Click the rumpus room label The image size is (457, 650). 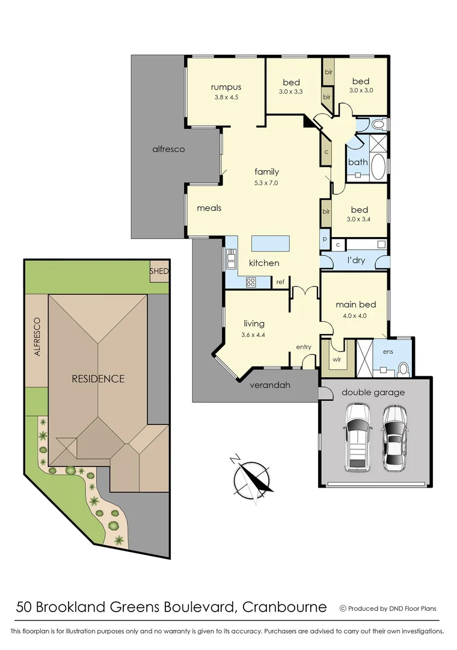pyautogui.click(x=226, y=87)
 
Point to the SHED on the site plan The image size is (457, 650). pyautogui.click(x=159, y=271)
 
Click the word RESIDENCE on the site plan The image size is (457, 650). pyautogui.click(x=98, y=379)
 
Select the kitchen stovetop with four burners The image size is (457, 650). pyautogui.click(x=251, y=281)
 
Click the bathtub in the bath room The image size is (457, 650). pyautogui.click(x=379, y=168)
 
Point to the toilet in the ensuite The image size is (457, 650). pyautogui.click(x=403, y=368)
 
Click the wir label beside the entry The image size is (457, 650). pyautogui.click(x=336, y=360)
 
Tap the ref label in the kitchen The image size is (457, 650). pyautogui.click(x=280, y=282)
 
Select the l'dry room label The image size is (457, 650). pyautogui.click(x=357, y=261)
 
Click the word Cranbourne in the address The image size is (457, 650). pyautogui.click(x=284, y=607)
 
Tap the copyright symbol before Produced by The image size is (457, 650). pyautogui.click(x=343, y=608)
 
